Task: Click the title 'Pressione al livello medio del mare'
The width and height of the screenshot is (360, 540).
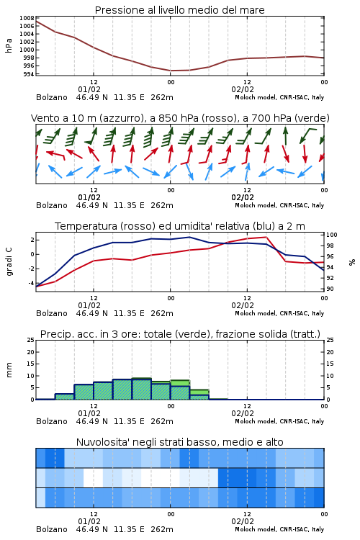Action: click(x=179, y=10)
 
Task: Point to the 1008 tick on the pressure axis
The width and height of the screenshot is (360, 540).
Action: click(x=27, y=18)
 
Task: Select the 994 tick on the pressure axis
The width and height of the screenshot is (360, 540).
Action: click(x=29, y=74)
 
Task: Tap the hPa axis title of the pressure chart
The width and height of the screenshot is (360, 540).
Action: click(x=9, y=45)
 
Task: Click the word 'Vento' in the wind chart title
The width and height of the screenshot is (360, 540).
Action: click(x=43, y=118)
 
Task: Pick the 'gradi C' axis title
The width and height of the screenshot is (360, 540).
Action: click(x=9, y=262)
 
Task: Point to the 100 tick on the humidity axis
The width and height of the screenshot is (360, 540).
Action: click(x=332, y=235)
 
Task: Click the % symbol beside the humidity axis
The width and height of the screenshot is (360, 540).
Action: click(x=352, y=262)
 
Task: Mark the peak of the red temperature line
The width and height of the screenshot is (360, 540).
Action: click(x=266, y=237)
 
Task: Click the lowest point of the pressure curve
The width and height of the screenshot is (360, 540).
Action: click(x=171, y=71)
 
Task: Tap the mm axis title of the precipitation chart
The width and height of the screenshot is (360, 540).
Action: click(x=9, y=370)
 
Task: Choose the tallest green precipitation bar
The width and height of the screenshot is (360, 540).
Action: click(x=142, y=389)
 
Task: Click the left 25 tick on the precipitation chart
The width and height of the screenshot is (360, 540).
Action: click(x=31, y=340)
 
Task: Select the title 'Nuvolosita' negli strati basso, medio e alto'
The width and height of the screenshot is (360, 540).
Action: click(x=179, y=442)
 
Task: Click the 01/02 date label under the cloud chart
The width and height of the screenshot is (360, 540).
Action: click(x=89, y=521)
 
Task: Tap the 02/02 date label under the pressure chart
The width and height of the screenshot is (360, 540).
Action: click(x=243, y=89)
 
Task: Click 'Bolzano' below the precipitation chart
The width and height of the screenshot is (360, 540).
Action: click(x=52, y=421)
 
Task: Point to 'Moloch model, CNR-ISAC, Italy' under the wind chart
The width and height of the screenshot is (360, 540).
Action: click(x=279, y=205)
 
